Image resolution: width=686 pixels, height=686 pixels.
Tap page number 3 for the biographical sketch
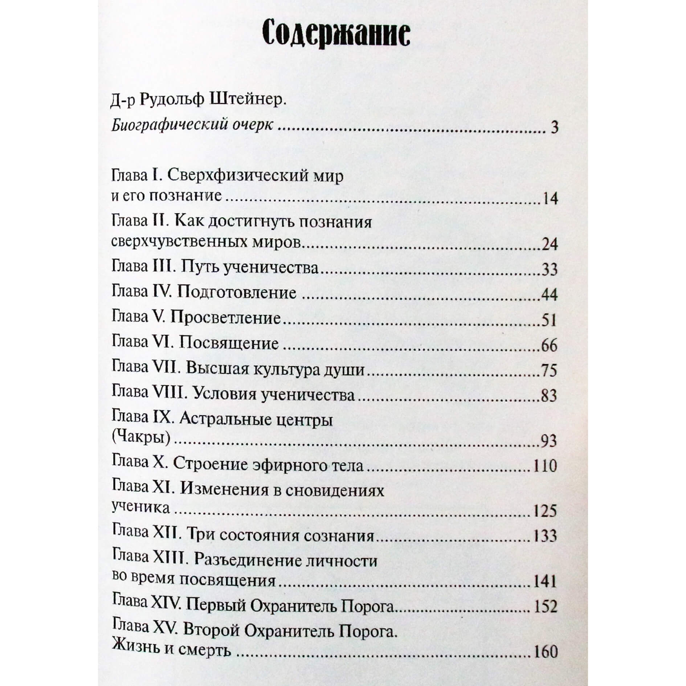[554, 128]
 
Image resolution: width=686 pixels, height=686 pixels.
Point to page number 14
[549, 199]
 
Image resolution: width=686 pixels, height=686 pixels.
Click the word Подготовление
[237, 293]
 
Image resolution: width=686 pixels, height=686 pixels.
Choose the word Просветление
[225, 318]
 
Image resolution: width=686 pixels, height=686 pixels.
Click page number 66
[549, 345]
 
